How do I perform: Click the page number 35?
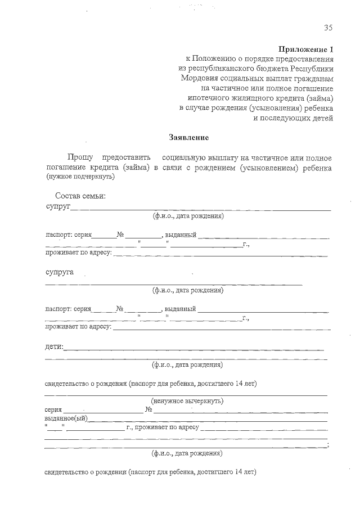click(x=328, y=28)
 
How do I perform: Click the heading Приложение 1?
click(x=307, y=49)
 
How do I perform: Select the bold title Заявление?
click(x=189, y=137)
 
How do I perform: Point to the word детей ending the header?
click(x=323, y=118)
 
